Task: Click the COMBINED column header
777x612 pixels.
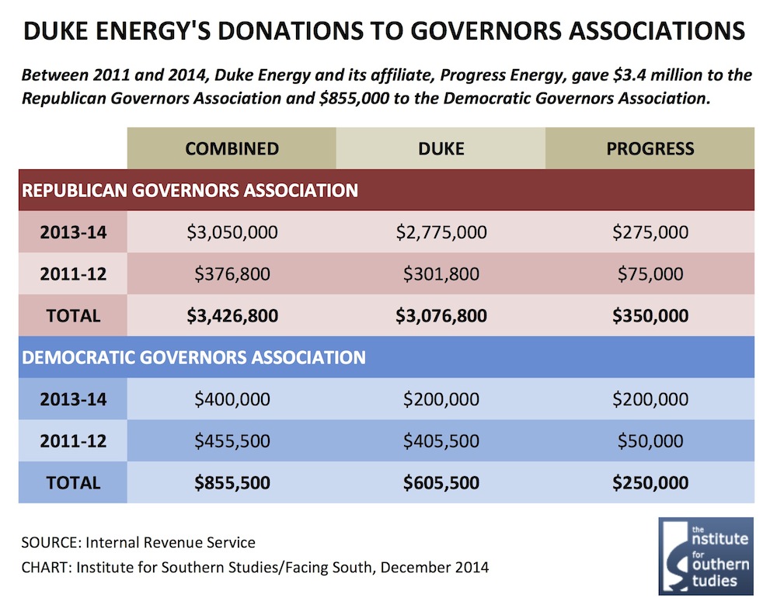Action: (232, 148)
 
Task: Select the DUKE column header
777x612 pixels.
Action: (441, 148)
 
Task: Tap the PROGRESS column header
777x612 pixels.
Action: (650, 148)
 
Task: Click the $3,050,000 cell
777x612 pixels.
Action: (232, 232)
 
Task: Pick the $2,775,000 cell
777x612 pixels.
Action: (441, 232)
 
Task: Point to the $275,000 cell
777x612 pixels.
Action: (650, 232)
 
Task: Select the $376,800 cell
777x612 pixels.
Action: (232, 274)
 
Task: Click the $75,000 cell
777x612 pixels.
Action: (650, 274)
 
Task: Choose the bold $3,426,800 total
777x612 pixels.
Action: (232, 316)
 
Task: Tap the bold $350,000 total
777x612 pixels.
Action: (650, 316)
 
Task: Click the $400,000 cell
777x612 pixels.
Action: (232, 399)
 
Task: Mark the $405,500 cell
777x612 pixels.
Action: (441, 441)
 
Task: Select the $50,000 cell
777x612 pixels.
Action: (650, 441)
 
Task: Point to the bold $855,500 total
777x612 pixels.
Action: (232, 483)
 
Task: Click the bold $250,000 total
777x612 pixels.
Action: (650, 483)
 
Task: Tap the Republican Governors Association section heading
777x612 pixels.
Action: (190, 190)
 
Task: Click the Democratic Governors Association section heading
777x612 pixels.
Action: (193, 357)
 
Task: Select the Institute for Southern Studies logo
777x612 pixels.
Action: (706, 556)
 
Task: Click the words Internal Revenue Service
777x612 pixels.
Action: (170, 543)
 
